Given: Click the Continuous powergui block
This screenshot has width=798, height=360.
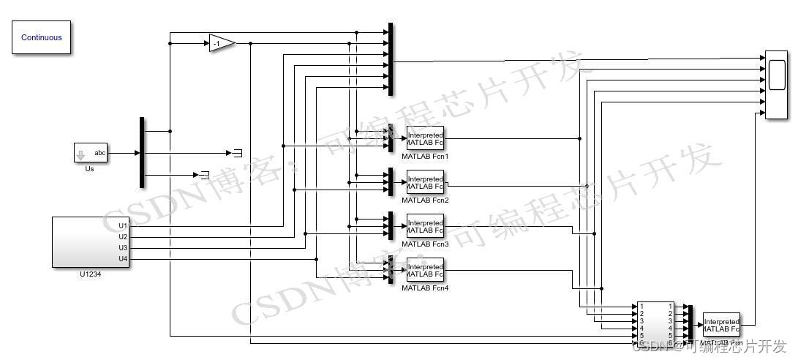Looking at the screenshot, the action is click(42, 37).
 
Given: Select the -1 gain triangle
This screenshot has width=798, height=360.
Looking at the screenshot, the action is click(220, 44).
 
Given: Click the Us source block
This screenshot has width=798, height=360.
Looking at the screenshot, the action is click(90, 153).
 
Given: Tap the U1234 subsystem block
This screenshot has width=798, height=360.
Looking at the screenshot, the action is click(91, 242).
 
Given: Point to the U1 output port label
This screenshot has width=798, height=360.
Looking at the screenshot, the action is click(123, 226).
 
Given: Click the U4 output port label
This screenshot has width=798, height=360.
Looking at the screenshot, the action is click(123, 259).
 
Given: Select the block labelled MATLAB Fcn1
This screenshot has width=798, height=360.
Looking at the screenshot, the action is click(425, 138).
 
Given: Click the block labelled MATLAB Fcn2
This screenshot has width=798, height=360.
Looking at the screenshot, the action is click(425, 181).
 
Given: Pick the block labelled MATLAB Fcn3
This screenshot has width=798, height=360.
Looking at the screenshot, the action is click(425, 226).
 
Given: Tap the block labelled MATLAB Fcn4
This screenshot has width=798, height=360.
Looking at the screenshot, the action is click(425, 270).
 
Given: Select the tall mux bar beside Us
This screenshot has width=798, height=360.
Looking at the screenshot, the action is click(142, 152).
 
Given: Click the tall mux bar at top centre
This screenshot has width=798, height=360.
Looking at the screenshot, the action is click(391, 59).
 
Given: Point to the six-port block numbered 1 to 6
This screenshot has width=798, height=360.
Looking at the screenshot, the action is click(655, 323).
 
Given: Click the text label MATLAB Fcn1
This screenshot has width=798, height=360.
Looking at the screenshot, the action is click(425, 156).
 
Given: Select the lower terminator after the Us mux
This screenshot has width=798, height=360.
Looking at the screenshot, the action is click(204, 175).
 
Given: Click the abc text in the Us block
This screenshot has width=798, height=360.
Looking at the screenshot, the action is click(100, 153).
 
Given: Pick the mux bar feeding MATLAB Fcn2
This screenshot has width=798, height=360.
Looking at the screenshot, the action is click(391, 181).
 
